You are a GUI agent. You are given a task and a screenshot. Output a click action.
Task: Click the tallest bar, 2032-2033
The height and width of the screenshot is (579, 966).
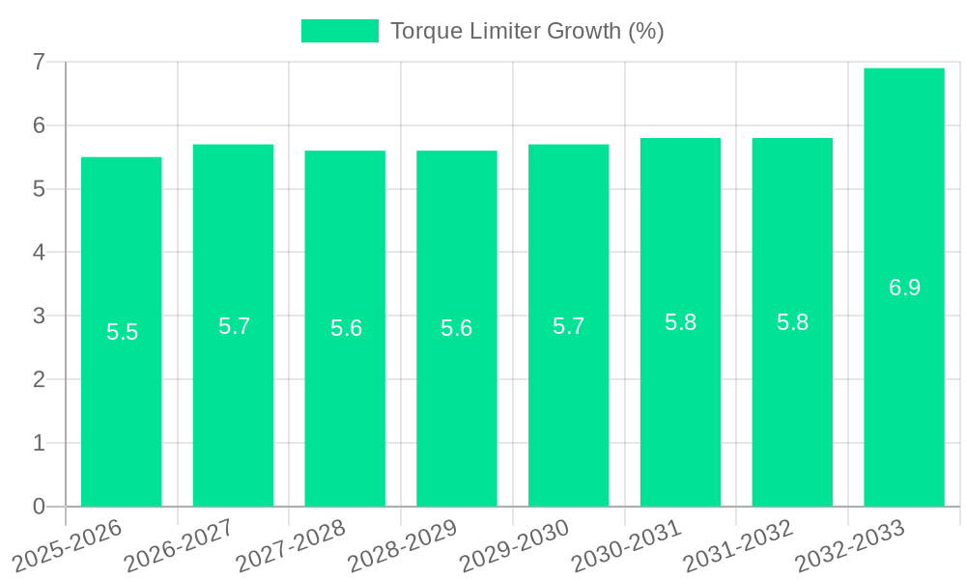coord(904,386)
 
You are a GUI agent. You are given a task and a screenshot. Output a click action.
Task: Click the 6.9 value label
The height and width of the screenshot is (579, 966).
coord(904,288)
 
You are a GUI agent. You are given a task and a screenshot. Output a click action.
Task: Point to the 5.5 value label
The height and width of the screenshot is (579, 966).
coord(122,333)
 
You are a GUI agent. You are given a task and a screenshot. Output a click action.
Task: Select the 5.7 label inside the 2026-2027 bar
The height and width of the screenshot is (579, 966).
coord(234,326)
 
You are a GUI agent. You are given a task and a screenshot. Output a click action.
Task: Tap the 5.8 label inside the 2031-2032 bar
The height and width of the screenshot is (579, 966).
coord(792,323)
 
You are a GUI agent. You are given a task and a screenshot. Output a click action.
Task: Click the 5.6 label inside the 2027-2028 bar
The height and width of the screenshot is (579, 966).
coord(346,328)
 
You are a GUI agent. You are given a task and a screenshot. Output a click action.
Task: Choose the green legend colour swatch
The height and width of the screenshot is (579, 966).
coord(339,31)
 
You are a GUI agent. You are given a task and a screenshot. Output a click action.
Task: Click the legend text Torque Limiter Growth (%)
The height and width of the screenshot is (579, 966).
coord(526,31)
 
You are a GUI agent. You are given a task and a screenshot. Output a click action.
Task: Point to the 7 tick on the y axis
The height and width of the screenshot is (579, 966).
coord(39,63)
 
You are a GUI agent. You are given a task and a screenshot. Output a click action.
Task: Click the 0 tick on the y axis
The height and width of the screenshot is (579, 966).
coord(39,507)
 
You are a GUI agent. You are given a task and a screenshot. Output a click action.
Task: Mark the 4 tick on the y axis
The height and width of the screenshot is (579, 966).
coord(39,253)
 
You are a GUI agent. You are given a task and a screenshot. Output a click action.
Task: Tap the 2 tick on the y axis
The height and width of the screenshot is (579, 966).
coord(39,380)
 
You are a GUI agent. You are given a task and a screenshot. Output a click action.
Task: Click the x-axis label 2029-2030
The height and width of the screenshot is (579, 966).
coord(515,545)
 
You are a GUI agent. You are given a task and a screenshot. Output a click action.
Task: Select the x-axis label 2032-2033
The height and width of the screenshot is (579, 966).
coord(850,545)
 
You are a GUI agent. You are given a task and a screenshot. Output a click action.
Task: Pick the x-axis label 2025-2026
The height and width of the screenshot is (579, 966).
coord(68,545)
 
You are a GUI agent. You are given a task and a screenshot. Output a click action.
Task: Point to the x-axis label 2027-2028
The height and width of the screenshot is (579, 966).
coord(292,545)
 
